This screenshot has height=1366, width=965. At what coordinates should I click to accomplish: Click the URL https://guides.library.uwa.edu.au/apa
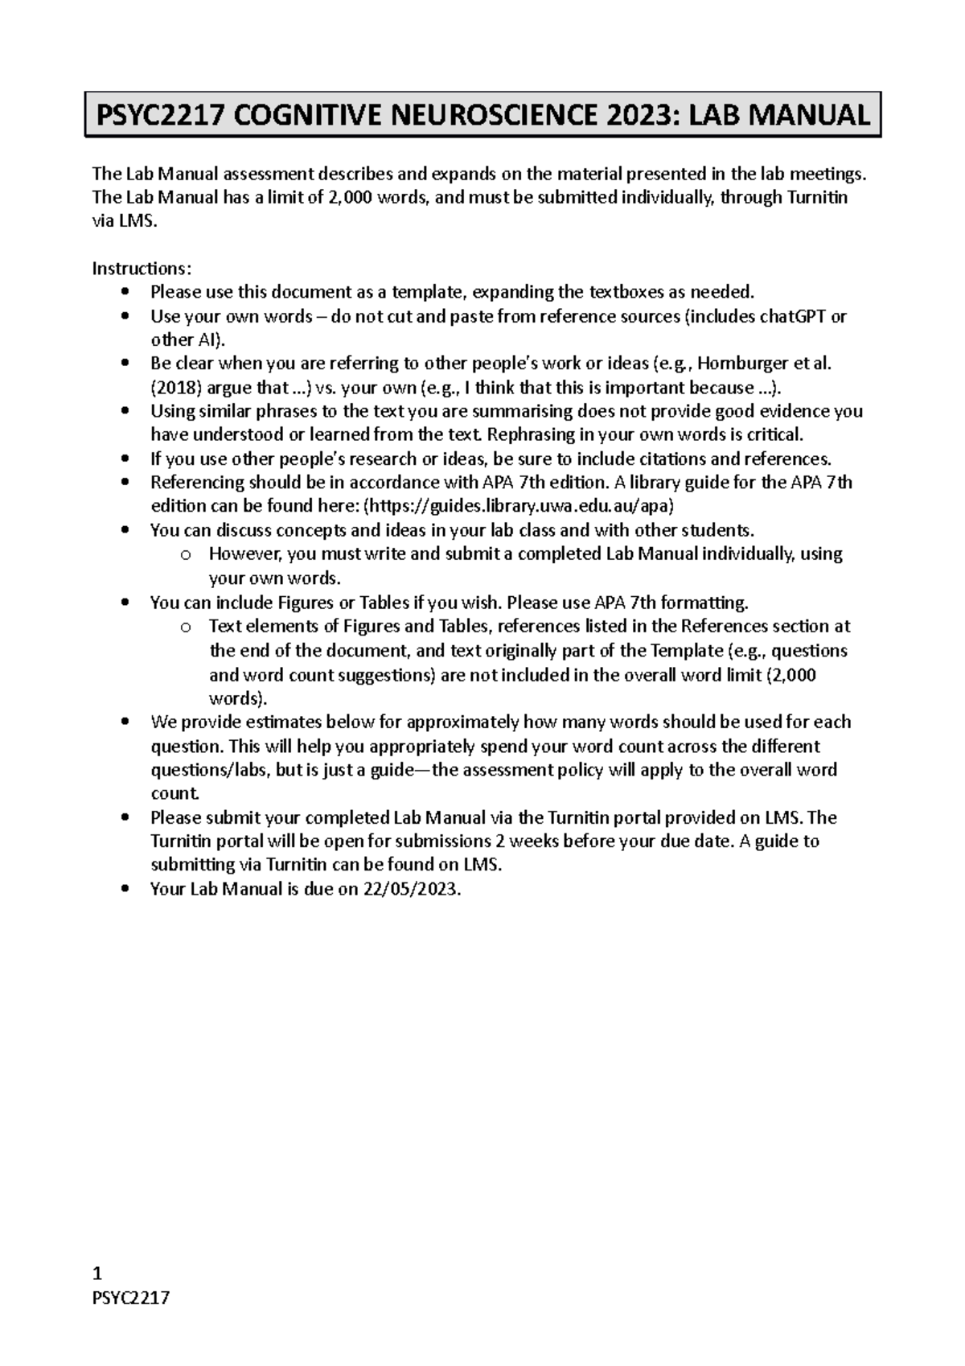tap(519, 506)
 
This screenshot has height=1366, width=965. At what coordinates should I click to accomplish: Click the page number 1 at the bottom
tap(97, 1273)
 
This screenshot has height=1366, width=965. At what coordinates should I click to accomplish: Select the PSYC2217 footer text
tap(131, 1298)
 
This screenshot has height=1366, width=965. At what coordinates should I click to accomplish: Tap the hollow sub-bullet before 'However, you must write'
tap(186, 554)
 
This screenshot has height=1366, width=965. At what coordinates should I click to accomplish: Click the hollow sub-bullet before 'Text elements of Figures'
tap(186, 627)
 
